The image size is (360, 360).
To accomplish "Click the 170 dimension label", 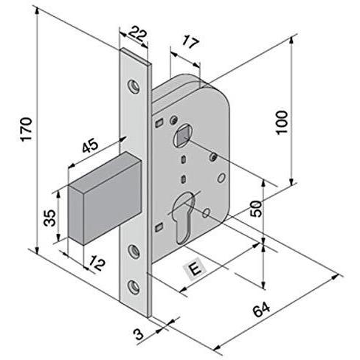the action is tap(27, 129).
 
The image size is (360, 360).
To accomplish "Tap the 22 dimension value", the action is tap(138, 35).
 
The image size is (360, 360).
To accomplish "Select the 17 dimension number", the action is tap(190, 42).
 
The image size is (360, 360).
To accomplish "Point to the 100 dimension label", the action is tap(282, 122).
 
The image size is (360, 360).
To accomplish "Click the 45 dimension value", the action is tap(90, 146).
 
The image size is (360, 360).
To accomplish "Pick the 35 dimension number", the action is tap(50, 218).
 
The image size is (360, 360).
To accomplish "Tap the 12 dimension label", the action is tap(97, 263).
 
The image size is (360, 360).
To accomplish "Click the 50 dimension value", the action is tap(256, 209).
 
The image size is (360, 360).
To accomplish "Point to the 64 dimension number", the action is tap(261, 310).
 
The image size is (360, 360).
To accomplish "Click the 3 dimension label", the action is tap(139, 334).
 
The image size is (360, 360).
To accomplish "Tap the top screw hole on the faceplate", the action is tap(134, 86).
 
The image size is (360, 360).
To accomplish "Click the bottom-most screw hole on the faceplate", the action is tap(134, 286).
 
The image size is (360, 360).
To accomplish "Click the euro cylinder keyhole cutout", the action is tap(184, 218).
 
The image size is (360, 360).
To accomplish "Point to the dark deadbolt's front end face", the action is tap(76, 215).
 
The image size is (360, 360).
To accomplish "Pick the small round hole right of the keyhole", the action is tap(206, 212).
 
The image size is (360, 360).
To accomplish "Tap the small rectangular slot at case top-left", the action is tap(159, 122).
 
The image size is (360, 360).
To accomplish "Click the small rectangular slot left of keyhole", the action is tap(159, 227).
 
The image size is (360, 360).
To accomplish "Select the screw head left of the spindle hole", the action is tap(174, 120).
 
